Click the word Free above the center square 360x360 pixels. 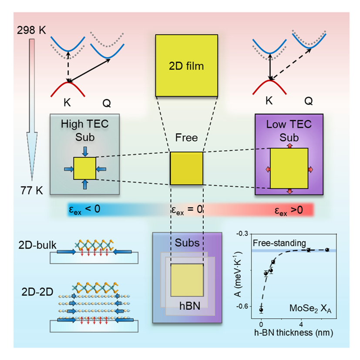[x=186, y=138]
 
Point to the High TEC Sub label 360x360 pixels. [x=84, y=129]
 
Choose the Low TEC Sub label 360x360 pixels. [x=289, y=129]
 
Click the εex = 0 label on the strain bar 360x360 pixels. [x=186, y=210]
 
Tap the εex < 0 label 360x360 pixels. [x=85, y=209]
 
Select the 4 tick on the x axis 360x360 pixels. [x=301, y=325]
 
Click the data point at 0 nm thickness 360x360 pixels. [x=261, y=310]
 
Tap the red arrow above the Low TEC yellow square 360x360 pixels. [x=289, y=145]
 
